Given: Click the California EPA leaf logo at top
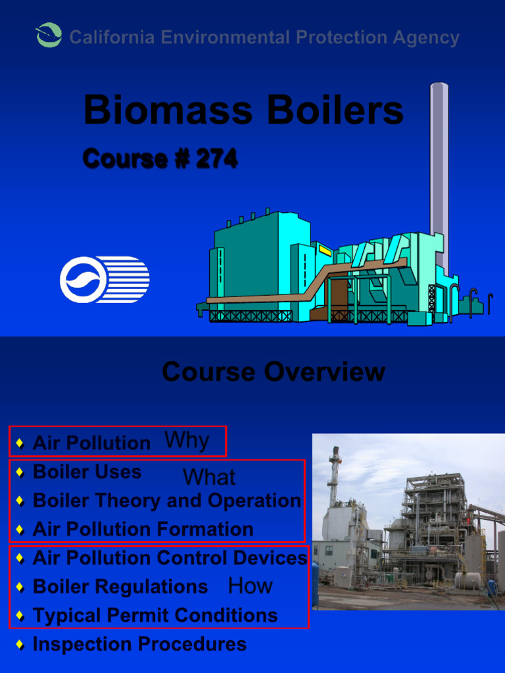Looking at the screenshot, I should [49, 35].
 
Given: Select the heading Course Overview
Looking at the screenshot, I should [273, 372].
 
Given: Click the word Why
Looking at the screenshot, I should [187, 440].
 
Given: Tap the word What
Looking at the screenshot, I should [209, 477].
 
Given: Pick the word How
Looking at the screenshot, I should [250, 586].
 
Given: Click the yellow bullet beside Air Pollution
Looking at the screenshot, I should [20, 443].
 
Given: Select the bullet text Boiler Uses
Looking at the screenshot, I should [87, 472].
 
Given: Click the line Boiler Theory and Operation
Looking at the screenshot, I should [166, 501].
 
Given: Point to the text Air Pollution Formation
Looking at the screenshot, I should [143, 529].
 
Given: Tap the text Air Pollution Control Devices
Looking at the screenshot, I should [170, 558].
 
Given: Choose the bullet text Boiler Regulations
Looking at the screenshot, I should [120, 586].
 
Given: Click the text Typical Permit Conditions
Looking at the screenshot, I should [155, 616].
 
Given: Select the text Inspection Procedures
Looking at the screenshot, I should [139, 645].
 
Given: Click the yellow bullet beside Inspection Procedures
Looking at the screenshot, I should [20, 645].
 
